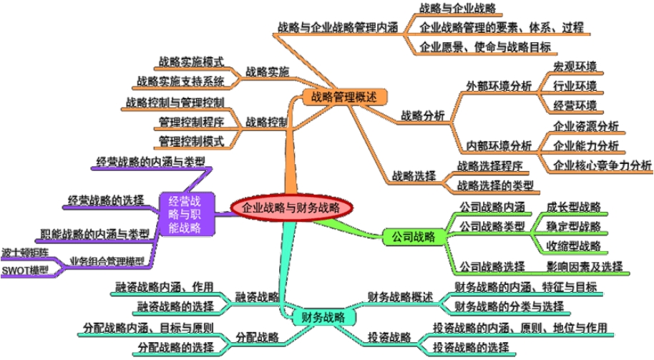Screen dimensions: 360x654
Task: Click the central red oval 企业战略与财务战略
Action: coord(293,207)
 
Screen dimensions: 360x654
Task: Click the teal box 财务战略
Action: coord(323,316)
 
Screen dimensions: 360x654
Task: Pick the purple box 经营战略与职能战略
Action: coord(187,213)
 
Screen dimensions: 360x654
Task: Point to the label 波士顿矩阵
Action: coord(26,252)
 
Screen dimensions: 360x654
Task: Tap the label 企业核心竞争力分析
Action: coord(603,165)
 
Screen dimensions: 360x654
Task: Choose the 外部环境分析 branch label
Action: coord(499,86)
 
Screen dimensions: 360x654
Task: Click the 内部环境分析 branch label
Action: coord(499,145)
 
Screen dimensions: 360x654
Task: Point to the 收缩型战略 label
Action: coord(572,245)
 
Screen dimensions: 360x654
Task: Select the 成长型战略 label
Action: coord(572,208)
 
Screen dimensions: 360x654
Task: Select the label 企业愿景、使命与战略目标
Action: coord(484,47)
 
